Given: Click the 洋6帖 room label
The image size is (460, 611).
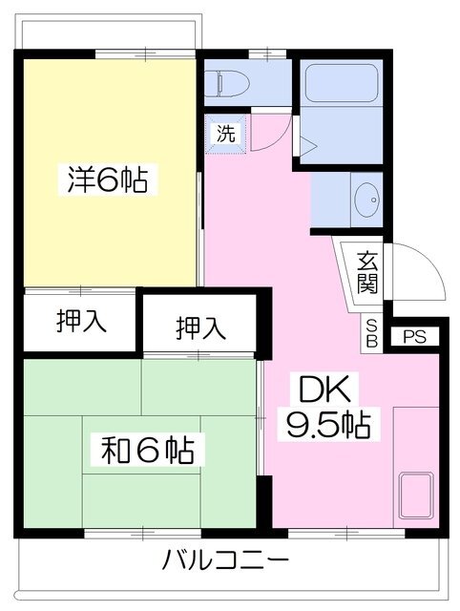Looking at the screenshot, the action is (x=108, y=179).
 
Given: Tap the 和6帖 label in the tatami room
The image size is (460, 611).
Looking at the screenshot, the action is (x=148, y=451).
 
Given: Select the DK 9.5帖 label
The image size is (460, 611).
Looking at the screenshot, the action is (x=328, y=408).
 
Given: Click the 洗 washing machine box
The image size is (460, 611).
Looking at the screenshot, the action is (x=226, y=134).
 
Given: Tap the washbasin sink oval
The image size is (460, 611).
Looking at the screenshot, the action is (x=366, y=200).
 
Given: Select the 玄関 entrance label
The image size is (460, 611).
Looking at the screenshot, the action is (x=367, y=272).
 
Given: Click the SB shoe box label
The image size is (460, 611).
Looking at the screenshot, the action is (x=372, y=333).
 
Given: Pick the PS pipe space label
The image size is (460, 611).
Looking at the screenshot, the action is (x=414, y=337).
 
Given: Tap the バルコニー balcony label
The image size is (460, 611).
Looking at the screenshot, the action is (x=225, y=560).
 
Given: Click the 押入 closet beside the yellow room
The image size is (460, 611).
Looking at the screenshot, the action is (x=81, y=321).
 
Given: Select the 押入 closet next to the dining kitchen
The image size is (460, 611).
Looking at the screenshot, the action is (x=200, y=327).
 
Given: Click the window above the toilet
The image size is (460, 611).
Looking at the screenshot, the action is (x=267, y=53).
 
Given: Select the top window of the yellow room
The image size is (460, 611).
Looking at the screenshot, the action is (x=145, y=53).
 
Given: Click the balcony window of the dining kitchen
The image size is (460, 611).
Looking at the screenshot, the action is (x=346, y=534).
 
